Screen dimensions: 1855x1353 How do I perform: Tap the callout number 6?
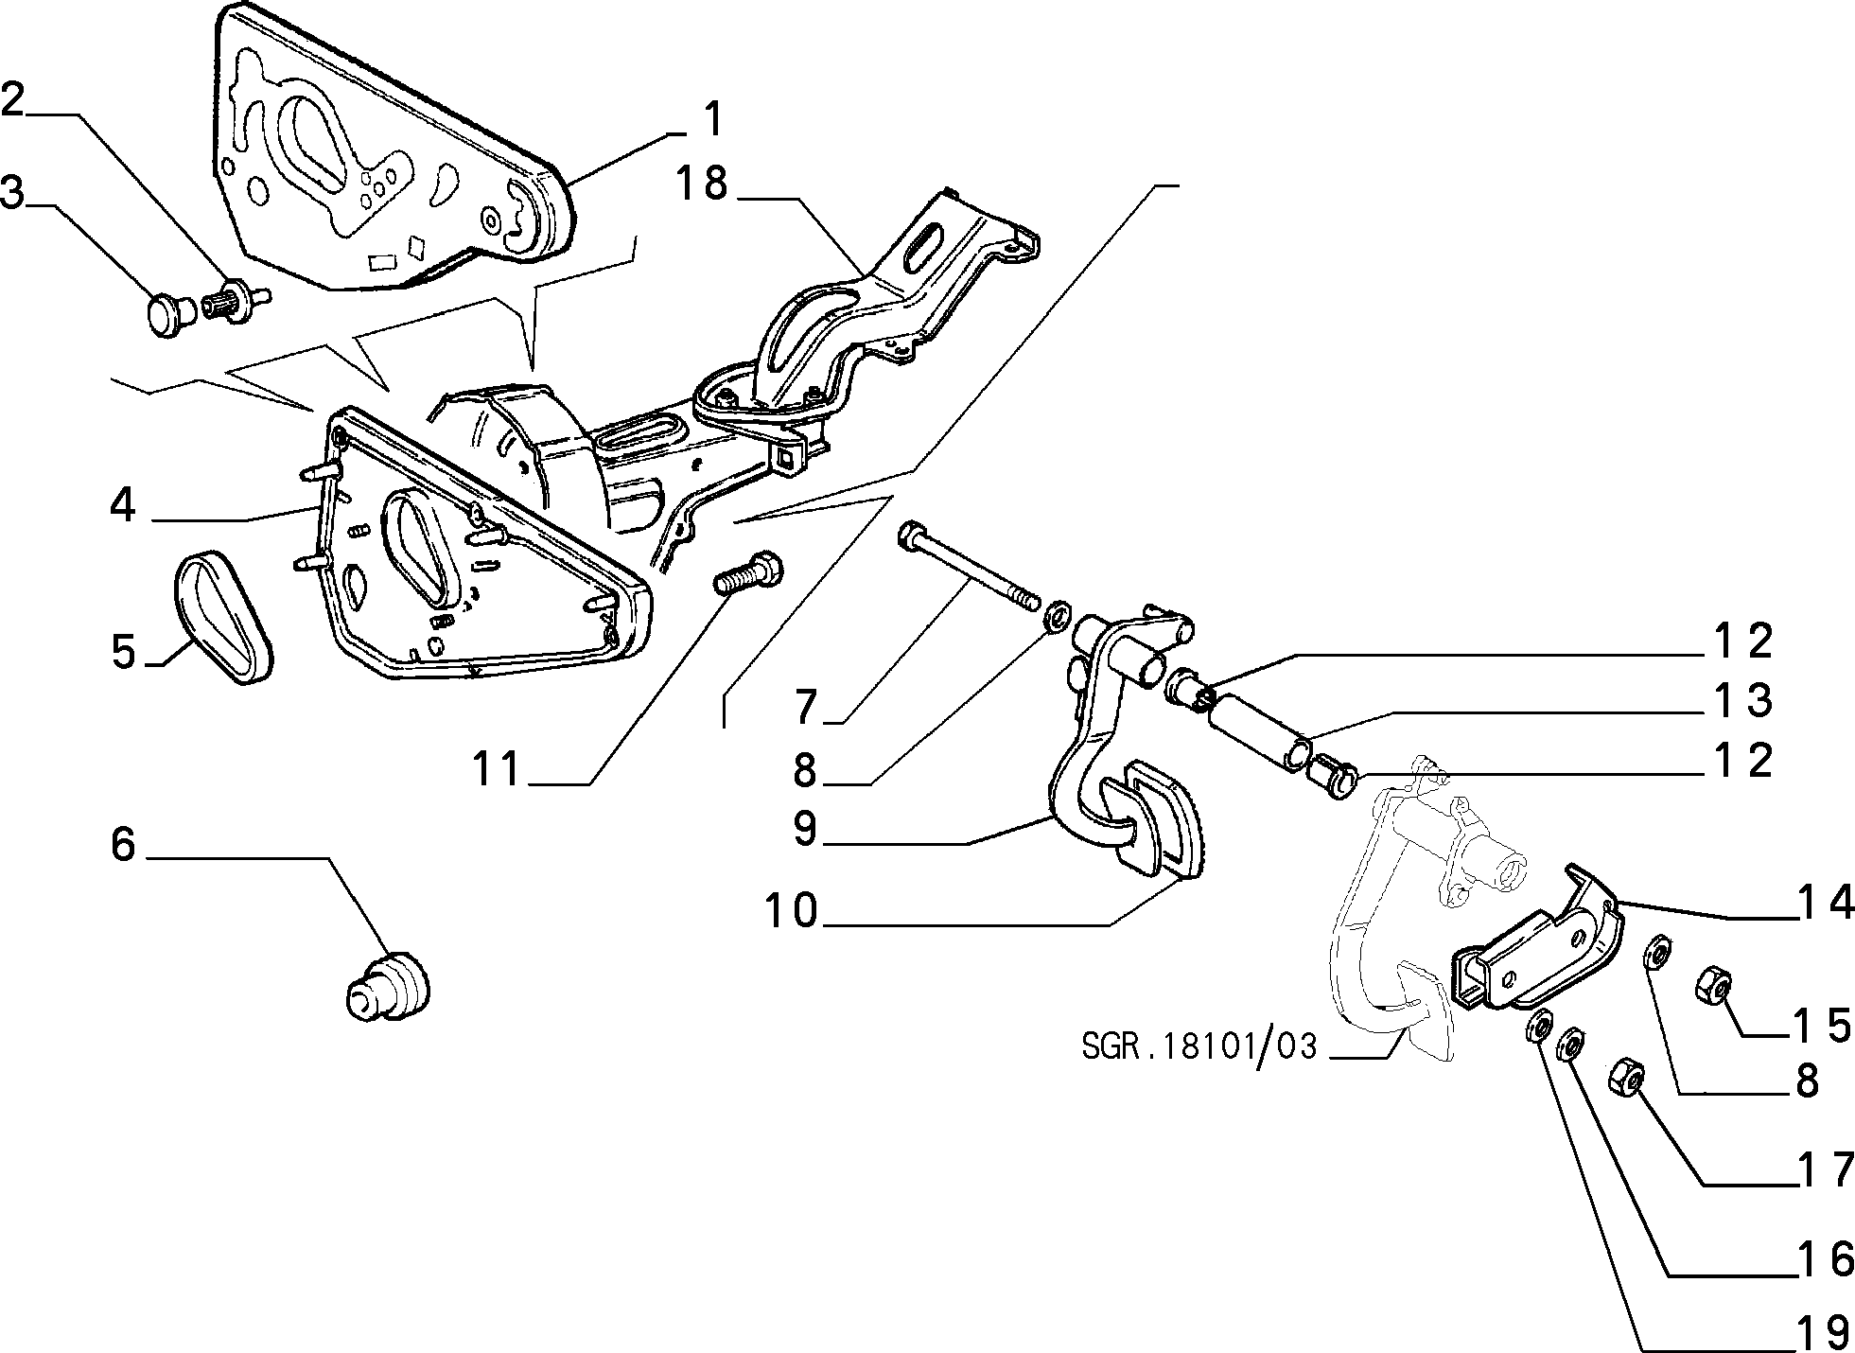click(124, 843)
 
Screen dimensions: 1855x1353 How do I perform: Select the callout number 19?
click(1821, 1333)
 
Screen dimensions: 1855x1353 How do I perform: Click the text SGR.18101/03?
click(1199, 1047)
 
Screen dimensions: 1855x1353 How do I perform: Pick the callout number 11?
click(497, 768)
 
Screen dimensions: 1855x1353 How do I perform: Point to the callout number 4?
click(123, 505)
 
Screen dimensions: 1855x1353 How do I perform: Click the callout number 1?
click(711, 121)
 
